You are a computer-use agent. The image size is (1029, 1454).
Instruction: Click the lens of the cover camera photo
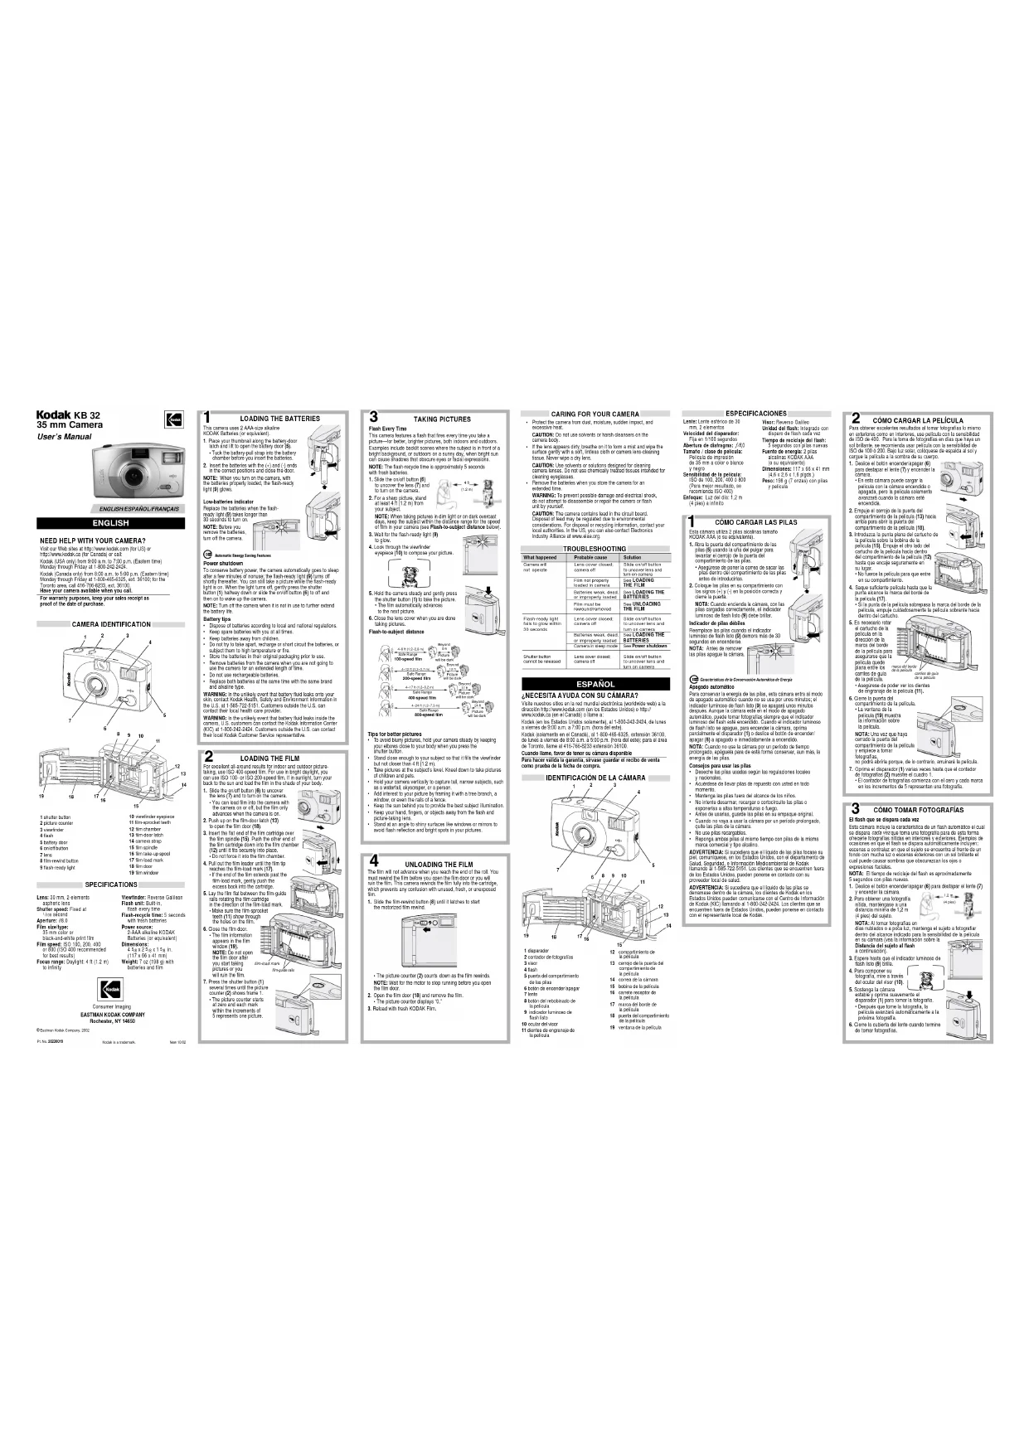point(133,477)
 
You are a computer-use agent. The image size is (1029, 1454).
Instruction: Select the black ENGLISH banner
point(110,523)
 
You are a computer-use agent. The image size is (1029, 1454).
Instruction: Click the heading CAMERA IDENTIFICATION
point(111,623)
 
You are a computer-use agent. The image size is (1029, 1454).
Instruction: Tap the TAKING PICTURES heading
point(442,419)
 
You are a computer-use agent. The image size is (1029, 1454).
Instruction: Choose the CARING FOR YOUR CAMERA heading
point(595,414)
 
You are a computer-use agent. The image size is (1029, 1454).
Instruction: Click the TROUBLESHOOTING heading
point(595,550)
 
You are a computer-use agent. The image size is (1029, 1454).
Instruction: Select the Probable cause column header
point(590,558)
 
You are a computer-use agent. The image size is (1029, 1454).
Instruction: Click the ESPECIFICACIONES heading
point(755,413)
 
